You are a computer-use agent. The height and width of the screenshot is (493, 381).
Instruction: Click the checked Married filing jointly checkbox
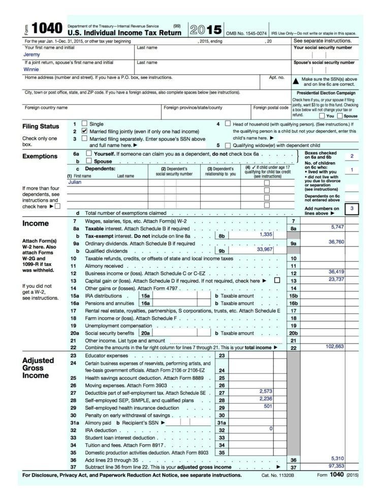[84, 131]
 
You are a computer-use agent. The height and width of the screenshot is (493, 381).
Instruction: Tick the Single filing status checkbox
[84, 124]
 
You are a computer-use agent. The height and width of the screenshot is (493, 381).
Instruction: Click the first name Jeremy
[31, 54]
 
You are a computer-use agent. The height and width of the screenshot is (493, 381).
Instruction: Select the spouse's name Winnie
[31, 70]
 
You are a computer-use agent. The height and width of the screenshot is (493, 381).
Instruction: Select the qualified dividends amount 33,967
[262, 249]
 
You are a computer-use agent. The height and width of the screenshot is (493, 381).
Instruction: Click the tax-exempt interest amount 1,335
[266, 234]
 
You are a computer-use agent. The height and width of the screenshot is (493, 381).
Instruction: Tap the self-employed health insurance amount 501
[268, 406]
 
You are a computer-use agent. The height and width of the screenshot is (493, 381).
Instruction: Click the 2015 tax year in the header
[206, 29]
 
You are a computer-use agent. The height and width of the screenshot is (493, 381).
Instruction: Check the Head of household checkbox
[227, 124]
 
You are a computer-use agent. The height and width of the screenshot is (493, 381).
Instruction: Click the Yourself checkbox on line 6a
[89, 153]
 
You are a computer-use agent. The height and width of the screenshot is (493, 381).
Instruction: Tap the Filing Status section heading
[41, 126]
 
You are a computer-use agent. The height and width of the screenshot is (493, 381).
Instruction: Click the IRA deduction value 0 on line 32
[271, 428]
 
